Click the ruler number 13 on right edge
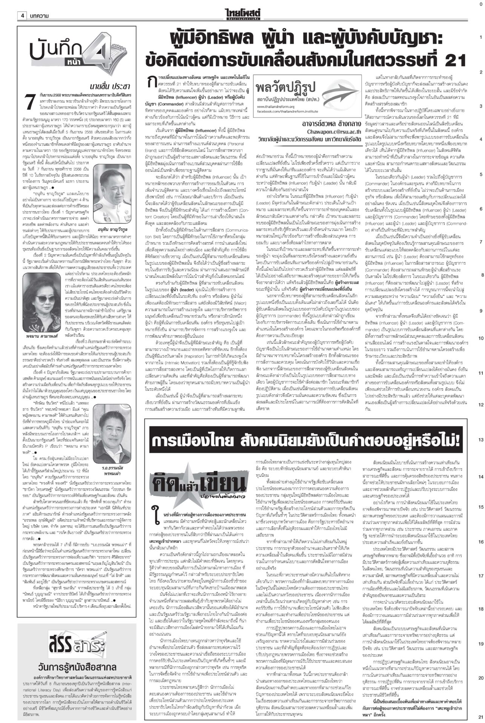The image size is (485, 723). pyautogui.click(x=480, y=440)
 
